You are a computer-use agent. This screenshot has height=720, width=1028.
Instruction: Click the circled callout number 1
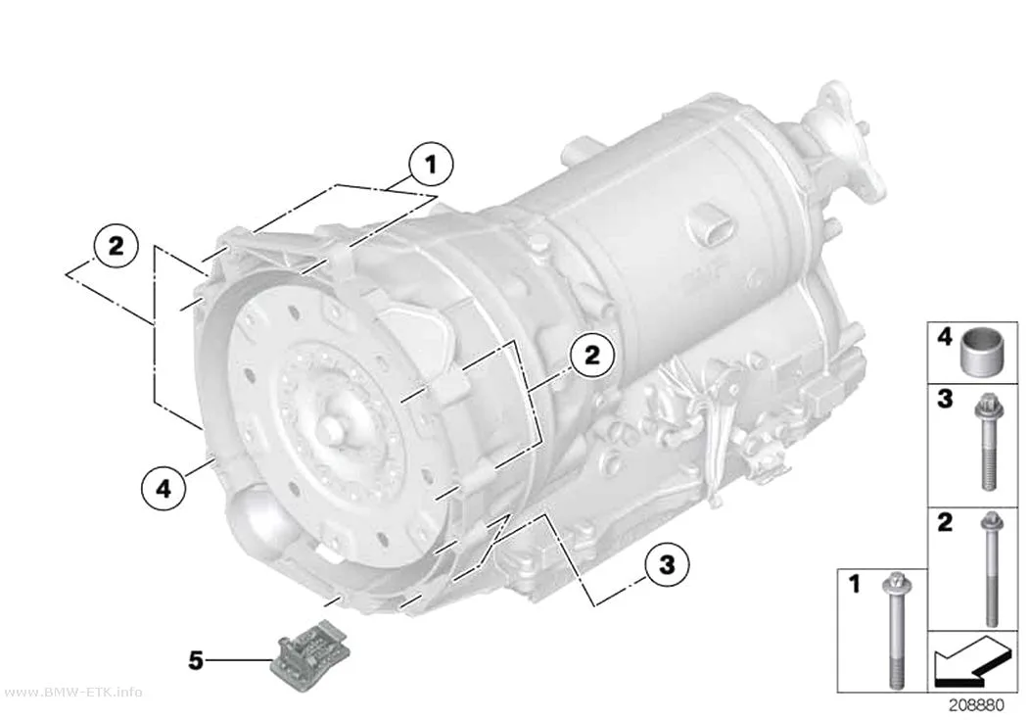[431, 164]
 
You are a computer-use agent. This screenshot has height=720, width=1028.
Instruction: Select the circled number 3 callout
[667, 564]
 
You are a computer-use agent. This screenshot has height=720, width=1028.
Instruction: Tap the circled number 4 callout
[164, 488]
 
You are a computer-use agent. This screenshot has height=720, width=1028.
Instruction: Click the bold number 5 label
[196, 660]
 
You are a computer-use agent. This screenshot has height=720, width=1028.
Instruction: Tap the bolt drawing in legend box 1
[897, 631]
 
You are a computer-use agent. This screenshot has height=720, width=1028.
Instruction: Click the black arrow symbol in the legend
[969, 661]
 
